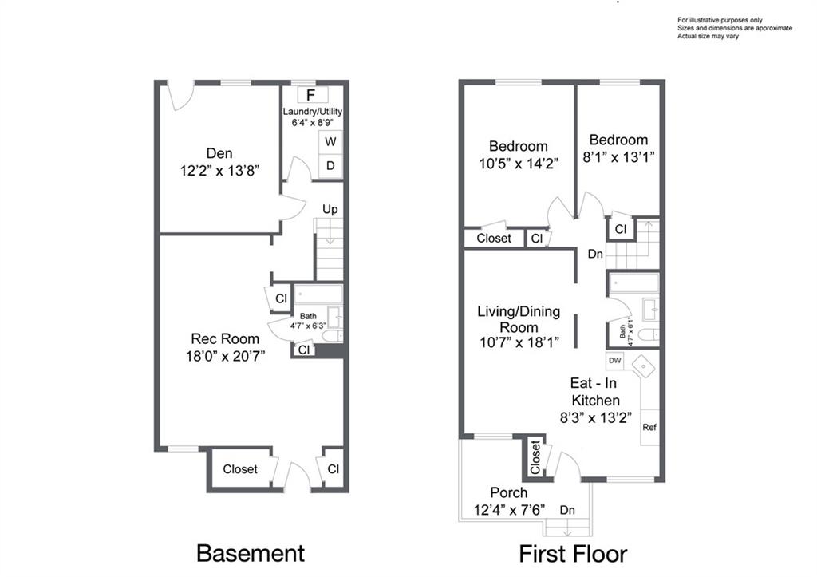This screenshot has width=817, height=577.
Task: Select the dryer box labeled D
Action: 330,165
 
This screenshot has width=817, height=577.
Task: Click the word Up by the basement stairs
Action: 330,209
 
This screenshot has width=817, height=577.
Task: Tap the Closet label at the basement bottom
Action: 239,469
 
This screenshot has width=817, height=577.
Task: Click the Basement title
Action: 250,553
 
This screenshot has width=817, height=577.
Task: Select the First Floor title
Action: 573,553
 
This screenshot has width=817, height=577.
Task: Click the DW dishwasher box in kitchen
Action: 614,360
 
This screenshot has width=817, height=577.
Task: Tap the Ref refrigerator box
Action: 649,428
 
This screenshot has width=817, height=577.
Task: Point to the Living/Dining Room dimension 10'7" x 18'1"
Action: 519,342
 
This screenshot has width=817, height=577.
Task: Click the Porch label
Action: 509,492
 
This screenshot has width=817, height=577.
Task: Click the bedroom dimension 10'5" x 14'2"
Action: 519,163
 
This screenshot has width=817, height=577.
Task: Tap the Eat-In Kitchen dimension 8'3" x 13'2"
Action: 594,416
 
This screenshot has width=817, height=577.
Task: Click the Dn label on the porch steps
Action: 567,509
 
